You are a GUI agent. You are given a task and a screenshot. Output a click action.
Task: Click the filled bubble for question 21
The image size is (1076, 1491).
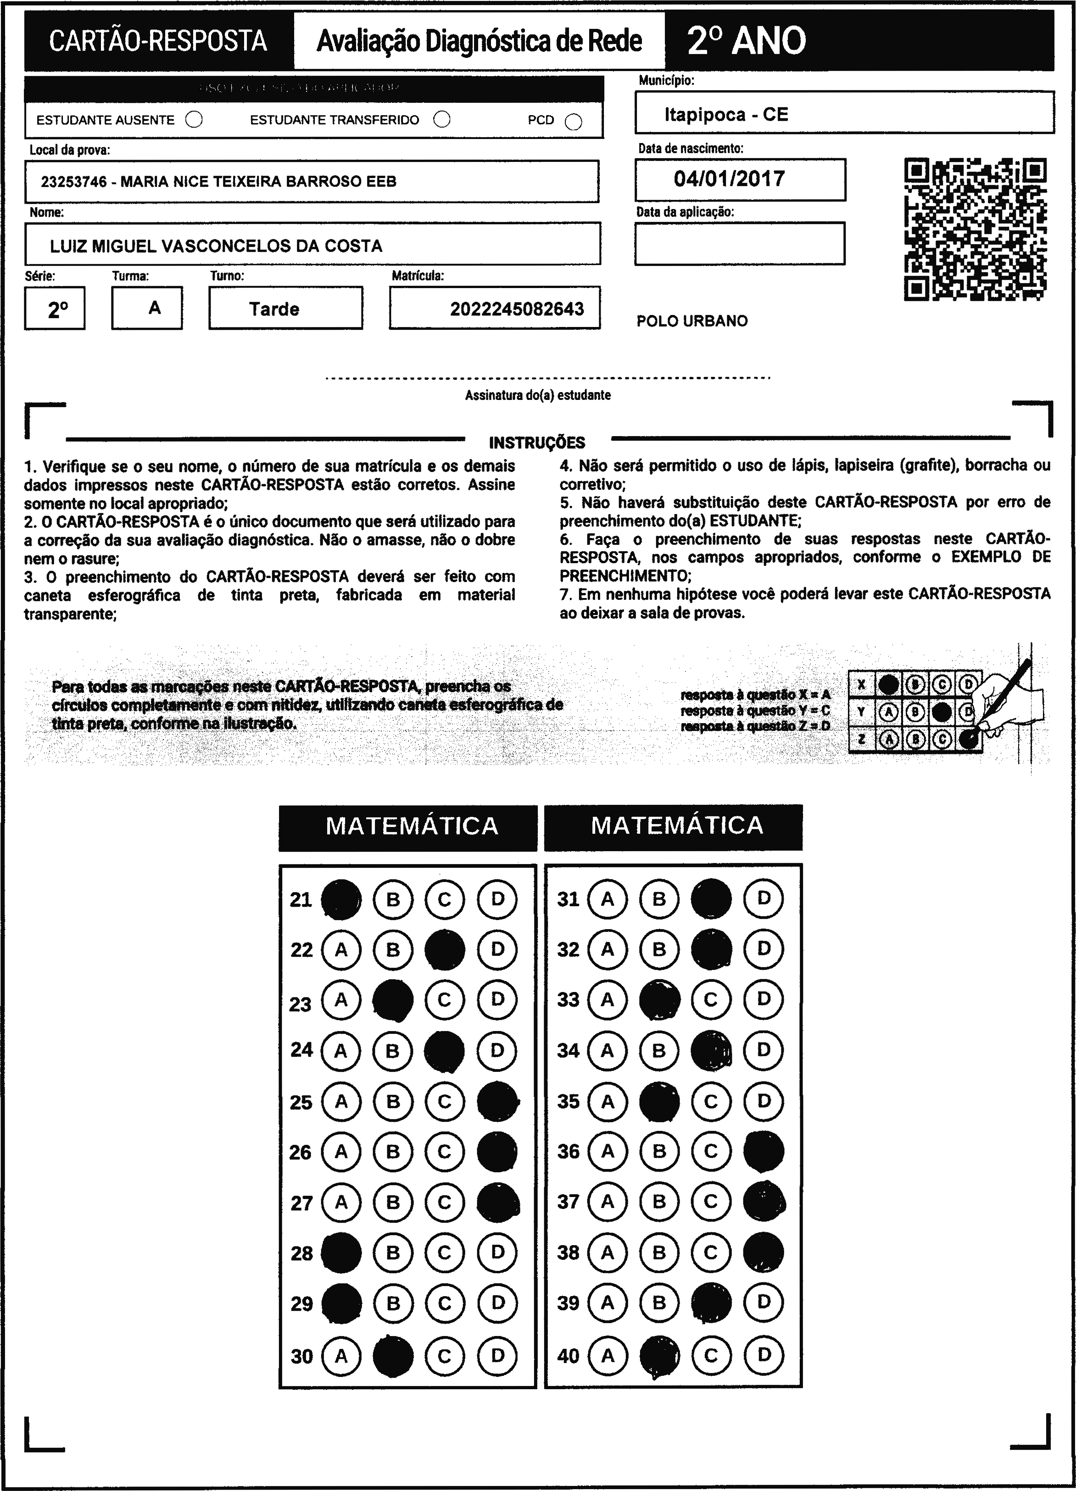pyautogui.click(x=340, y=898)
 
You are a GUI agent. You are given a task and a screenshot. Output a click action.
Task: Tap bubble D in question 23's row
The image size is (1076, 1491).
pyautogui.click(x=497, y=1000)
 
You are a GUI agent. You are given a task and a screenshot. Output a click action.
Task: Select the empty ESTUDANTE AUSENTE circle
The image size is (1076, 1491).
pyautogui.click(x=194, y=120)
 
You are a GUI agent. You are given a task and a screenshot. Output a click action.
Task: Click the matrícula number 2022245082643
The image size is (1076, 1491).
pyautogui.click(x=517, y=309)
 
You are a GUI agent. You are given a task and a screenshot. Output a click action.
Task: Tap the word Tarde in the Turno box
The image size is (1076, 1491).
pyautogui.click(x=274, y=309)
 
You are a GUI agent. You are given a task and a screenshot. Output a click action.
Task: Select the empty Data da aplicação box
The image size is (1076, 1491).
pyautogui.click(x=739, y=243)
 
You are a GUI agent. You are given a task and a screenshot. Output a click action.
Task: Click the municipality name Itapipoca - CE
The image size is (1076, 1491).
pyautogui.click(x=726, y=114)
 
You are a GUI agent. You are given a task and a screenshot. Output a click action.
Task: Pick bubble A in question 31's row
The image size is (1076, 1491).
pyautogui.click(x=607, y=898)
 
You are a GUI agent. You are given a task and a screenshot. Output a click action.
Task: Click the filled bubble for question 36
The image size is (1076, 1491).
pyautogui.click(x=764, y=1151)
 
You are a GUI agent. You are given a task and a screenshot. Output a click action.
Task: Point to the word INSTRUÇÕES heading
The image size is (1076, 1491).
pyautogui.click(x=537, y=443)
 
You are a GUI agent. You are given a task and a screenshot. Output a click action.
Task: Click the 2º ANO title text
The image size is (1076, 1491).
pyautogui.click(x=747, y=41)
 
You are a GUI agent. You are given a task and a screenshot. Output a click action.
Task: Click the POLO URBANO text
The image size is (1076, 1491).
pyautogui.click(x=692, y=321)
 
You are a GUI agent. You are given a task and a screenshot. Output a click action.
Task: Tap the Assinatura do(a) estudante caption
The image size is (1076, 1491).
pyautogui.click(x=537, y=395)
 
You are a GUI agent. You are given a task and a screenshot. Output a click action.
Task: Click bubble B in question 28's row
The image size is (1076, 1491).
pyautogui.click(x=393, y=1253)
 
